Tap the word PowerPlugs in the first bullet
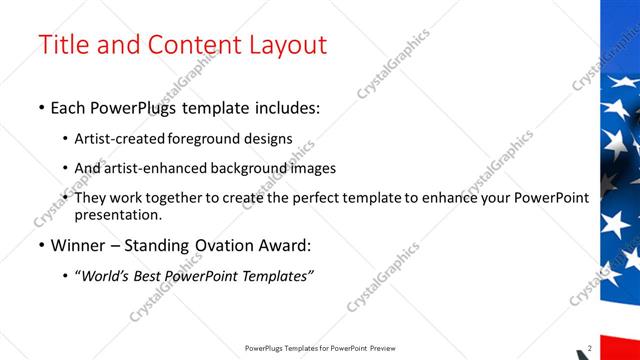coord(130,108)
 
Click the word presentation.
coord(117,214)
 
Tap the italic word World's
coord(107,276)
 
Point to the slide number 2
coord(589,348)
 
